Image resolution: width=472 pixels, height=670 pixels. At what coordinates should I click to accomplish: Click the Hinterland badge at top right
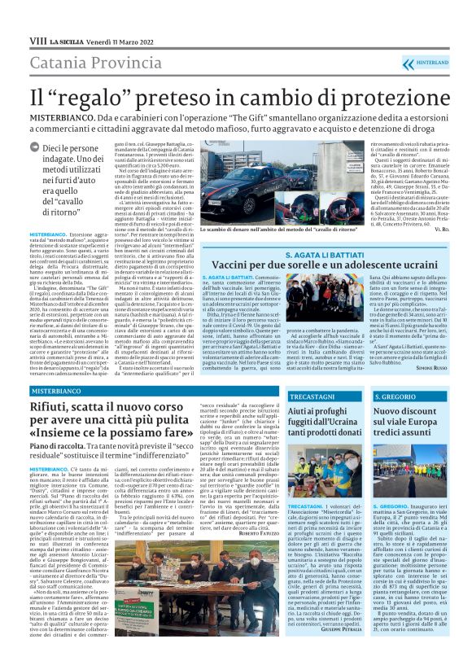pos(437,61)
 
